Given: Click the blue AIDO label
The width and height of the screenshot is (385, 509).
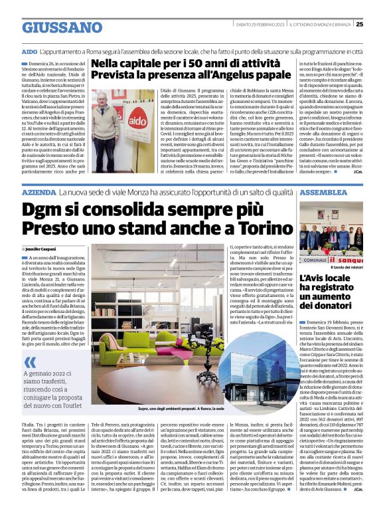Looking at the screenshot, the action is [x=29, y=51].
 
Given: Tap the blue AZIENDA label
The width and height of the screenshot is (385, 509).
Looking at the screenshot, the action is [x=38, y=191].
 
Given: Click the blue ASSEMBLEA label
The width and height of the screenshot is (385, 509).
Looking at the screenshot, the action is [x=323, y=191].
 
